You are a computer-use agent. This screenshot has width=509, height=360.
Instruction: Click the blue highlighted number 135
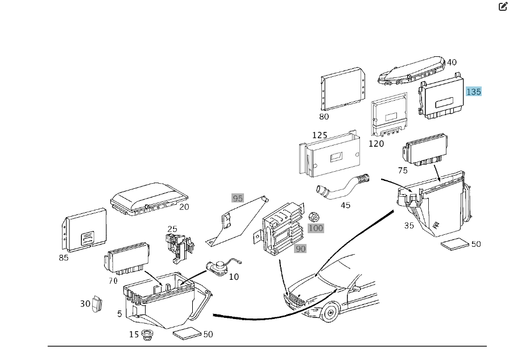pyautogui.click(x=473, y=92)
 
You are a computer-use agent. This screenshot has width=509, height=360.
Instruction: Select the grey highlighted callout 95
pyautogui.click(x=238, y=198)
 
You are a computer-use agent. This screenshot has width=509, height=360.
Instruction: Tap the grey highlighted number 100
pyautogui.click(x=316, y=228)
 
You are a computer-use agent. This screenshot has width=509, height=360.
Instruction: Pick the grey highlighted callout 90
pyautogui.click(x=300, y=249)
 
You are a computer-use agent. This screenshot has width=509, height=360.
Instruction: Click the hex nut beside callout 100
pyautogui.click(x=313, y=217)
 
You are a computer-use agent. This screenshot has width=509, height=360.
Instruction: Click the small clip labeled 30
pyautogui.click(x=97, y=304)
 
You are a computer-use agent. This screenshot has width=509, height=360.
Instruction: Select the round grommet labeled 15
pyautogui.click(x=148, y=334)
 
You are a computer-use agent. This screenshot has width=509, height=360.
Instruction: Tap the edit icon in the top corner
pyautogui.click(x=503, y=6)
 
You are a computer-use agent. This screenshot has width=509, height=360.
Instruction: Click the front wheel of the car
pyautogui.click(x=330, y=313)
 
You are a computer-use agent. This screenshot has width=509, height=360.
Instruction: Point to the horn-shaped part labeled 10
pyautogui.click(x=219, y=268)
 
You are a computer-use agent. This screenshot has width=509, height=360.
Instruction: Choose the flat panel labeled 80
pyautogui.click(x=343, y=89)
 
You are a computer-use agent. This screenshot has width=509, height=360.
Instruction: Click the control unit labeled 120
pyautogui.click(x=389, y=114)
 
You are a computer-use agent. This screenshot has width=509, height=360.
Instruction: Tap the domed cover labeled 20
pyautogui.click(x=149, y=198)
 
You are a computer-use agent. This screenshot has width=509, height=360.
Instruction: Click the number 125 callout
pyautogui.click(x=320, y=135)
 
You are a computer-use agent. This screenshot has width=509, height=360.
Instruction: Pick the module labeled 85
pyautogui.click(x=84, y=230)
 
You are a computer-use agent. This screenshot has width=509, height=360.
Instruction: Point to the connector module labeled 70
pyautogui.click(x=126, y=258)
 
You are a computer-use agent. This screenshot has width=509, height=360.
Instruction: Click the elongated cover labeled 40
pyautogui.click(x=411, y=71)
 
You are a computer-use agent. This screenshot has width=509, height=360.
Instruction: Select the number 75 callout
pyautogui.click(x=403, y=171)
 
